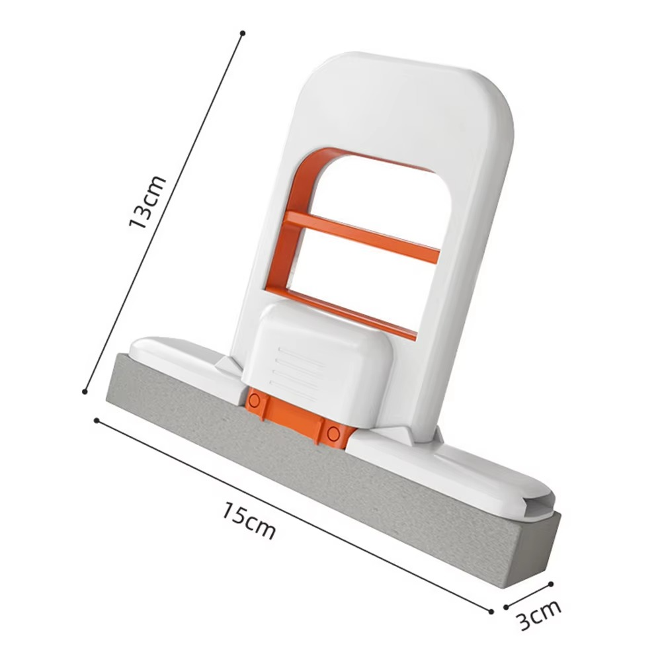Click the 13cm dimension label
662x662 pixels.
pyautogui.click(x=147, y=202)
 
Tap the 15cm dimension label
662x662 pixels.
pyautogui.click(x=249, y=520)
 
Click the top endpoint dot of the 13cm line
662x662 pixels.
pyautogui.click(x=243, y=32)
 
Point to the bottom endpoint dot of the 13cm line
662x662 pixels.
pyautogui.click(x=85, y=392)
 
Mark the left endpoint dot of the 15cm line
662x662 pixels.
pyautogui.click(x=97, y=421)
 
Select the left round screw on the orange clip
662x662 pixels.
pyautogui.click(x=253, y=400)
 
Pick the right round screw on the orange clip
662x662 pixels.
pyautogui.click(x=333, y=433)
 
